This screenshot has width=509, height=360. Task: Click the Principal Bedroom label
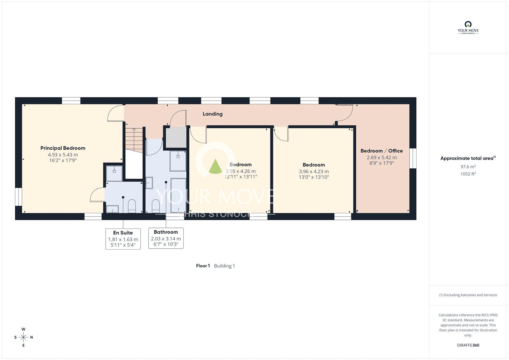point(63,148)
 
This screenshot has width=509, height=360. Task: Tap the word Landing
point(213,114)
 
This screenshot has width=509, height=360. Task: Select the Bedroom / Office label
point(381,151)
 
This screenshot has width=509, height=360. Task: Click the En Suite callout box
point(123,239)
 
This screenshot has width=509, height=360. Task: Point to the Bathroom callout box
point(166,238)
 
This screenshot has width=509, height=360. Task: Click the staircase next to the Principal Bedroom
point(134,140)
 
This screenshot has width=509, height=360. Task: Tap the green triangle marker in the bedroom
point(215,167)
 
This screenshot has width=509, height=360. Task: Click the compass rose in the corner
point(24,337)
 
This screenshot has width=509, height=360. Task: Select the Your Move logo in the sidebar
point(468,28)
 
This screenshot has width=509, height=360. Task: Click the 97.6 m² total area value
point(468,167)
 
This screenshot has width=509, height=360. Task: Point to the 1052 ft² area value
point(468,174)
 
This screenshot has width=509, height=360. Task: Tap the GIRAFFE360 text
point(468,345)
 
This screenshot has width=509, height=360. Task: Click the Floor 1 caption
point(203,266)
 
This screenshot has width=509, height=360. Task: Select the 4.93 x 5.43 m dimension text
point(63,155)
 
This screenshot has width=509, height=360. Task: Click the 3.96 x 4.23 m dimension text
point(314,172)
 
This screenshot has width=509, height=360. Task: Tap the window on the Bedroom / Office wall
point(413,158)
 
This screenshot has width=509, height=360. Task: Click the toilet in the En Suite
point(132,206)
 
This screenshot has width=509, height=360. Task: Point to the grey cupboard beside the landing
point(176,138)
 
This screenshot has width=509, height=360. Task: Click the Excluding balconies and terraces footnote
point(468,295)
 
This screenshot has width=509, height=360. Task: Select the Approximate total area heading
point(468,158)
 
